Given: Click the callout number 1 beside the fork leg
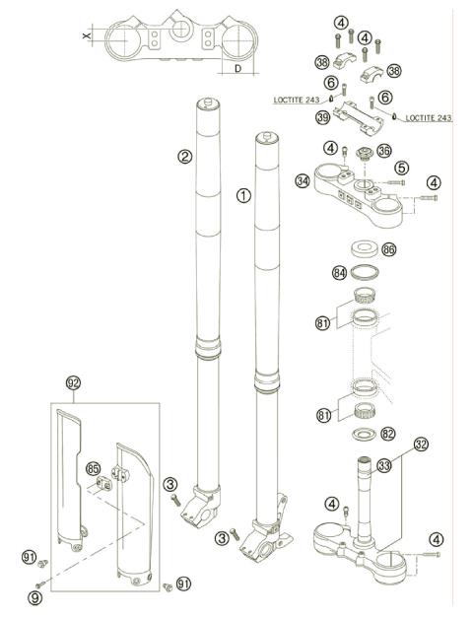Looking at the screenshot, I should pyautogui.click(x=243, y=195).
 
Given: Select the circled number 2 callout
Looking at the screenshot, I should pyautogui.click(x=183, y=155).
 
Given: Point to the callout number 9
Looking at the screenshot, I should pyautogui.click(x=35, y=595).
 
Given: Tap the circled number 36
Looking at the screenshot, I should pyautogui.click(x=384, y=152).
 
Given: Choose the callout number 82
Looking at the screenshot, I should pyautogui.click(x=388, y=434).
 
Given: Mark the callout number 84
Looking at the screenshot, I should pyautogui.click(x=339, y=272).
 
